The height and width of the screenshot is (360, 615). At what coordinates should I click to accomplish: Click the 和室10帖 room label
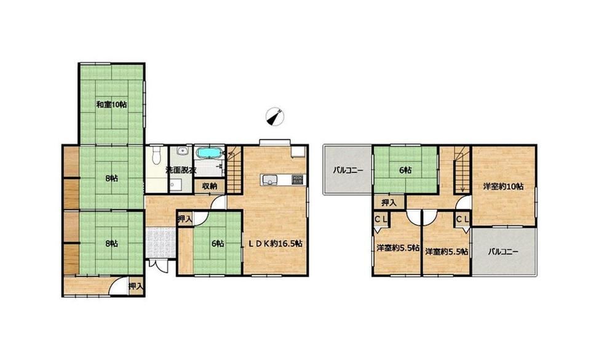111,105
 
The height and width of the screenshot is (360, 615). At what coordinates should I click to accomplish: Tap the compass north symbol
274,116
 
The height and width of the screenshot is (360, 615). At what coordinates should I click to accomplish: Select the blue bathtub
209,153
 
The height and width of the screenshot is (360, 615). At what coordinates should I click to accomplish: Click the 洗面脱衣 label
180,170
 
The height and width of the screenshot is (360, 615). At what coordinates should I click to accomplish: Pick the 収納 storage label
210,186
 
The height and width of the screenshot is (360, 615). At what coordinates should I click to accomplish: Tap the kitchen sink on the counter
269,180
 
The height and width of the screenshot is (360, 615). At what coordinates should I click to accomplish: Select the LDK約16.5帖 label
274,244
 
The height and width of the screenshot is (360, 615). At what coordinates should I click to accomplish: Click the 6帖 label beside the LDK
218,244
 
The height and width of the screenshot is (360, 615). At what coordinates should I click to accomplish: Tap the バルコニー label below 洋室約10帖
503,252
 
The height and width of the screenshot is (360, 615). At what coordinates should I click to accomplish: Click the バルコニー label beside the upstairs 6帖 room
348,170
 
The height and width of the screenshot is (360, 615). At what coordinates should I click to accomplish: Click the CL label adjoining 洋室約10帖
462,220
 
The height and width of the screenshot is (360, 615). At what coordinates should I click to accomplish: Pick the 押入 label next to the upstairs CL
389,203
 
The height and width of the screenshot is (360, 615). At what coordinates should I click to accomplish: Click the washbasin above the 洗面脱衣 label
181,151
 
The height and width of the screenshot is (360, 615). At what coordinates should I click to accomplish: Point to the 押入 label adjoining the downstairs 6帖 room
184,218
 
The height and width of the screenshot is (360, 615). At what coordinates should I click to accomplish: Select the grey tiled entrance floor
161,242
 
